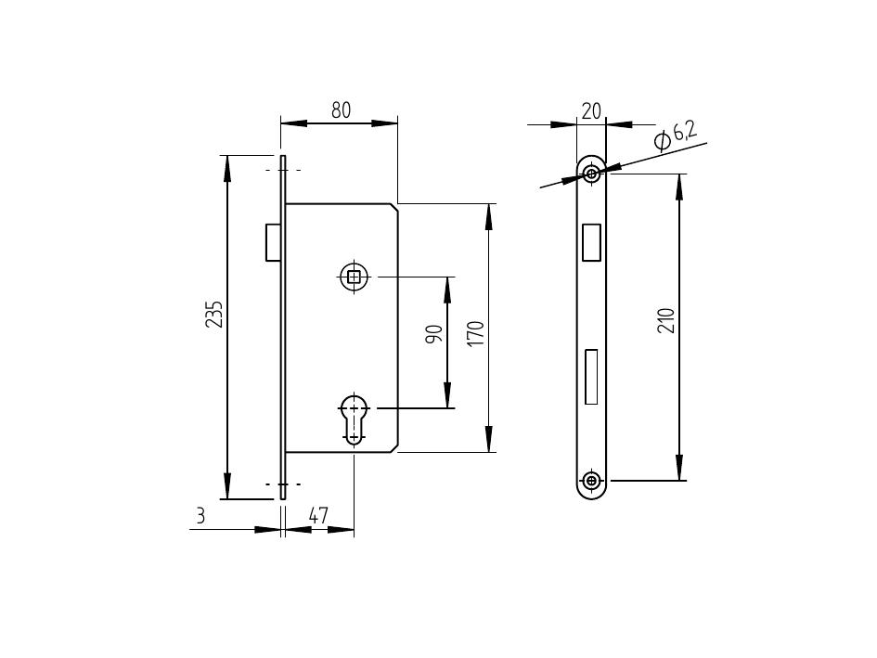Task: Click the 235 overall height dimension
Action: (214, 315)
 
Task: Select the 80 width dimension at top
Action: (342, 110)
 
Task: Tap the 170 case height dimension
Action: (475, 333)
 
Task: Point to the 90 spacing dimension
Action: (434, 334)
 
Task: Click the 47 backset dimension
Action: (318, 515)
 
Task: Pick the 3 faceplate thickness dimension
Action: (200, 515)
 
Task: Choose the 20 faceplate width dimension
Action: (591, 111)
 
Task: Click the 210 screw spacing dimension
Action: (666, 320)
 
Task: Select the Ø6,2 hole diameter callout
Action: (676, 137)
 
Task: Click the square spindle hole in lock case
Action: (354, 277)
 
